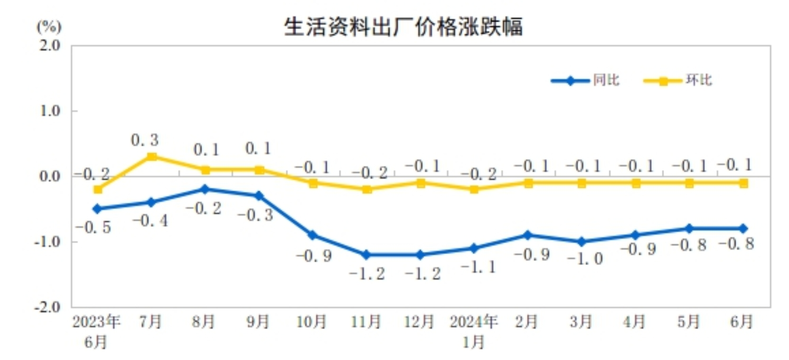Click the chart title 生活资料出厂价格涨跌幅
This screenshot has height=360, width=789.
(403, 27)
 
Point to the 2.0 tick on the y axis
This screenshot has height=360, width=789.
(50, 46)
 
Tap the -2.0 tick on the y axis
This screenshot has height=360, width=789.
(48, 307)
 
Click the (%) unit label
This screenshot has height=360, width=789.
(49, 27)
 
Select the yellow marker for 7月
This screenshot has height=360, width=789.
(151, 157)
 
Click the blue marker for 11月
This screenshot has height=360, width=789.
(366, 255)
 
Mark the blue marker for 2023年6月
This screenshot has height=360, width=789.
(98, 209)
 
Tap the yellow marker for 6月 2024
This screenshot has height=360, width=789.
(743, 183)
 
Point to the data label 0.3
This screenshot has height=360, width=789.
(144, 140)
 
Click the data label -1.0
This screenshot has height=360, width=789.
(584, 259)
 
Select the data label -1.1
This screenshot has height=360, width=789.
(478, 267)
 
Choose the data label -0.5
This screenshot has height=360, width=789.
(93, 227)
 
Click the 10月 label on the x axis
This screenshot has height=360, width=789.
(311, 322)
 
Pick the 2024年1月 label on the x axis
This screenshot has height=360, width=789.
(474, 331)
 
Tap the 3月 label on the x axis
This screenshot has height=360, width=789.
(581, 322)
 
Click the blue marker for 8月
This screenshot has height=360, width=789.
(205, 189)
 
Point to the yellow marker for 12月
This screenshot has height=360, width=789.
(420, 183)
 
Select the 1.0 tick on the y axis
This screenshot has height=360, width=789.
(50, 111)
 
